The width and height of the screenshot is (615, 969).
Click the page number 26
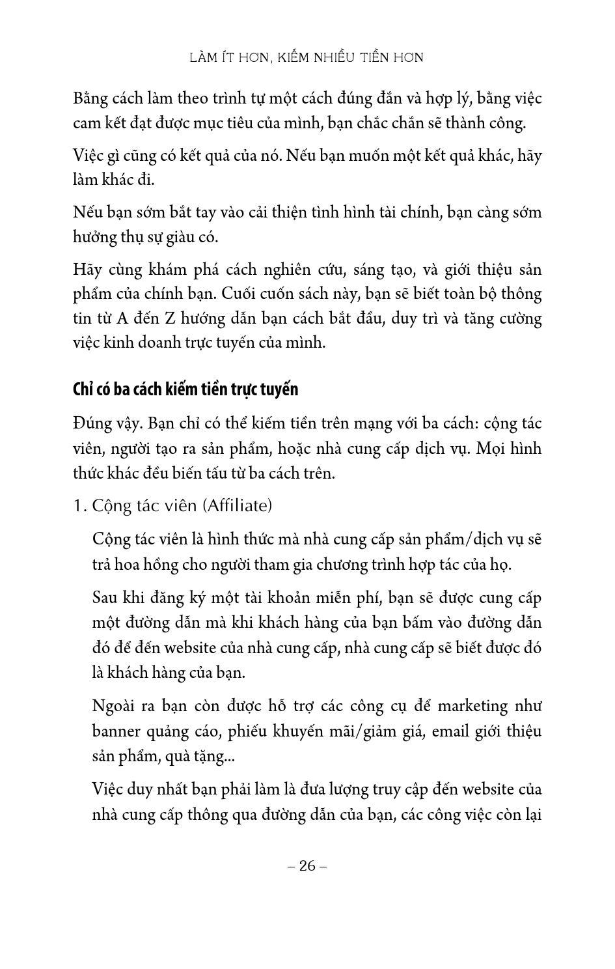[307, 865]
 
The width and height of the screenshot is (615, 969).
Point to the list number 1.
[79, 505]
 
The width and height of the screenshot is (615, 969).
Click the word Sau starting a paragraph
[105, 598]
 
